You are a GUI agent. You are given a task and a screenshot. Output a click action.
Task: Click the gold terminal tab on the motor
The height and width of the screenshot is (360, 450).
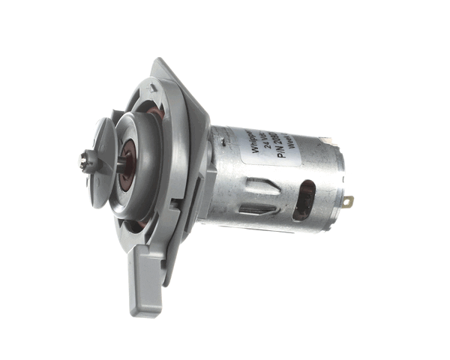[348, 201]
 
